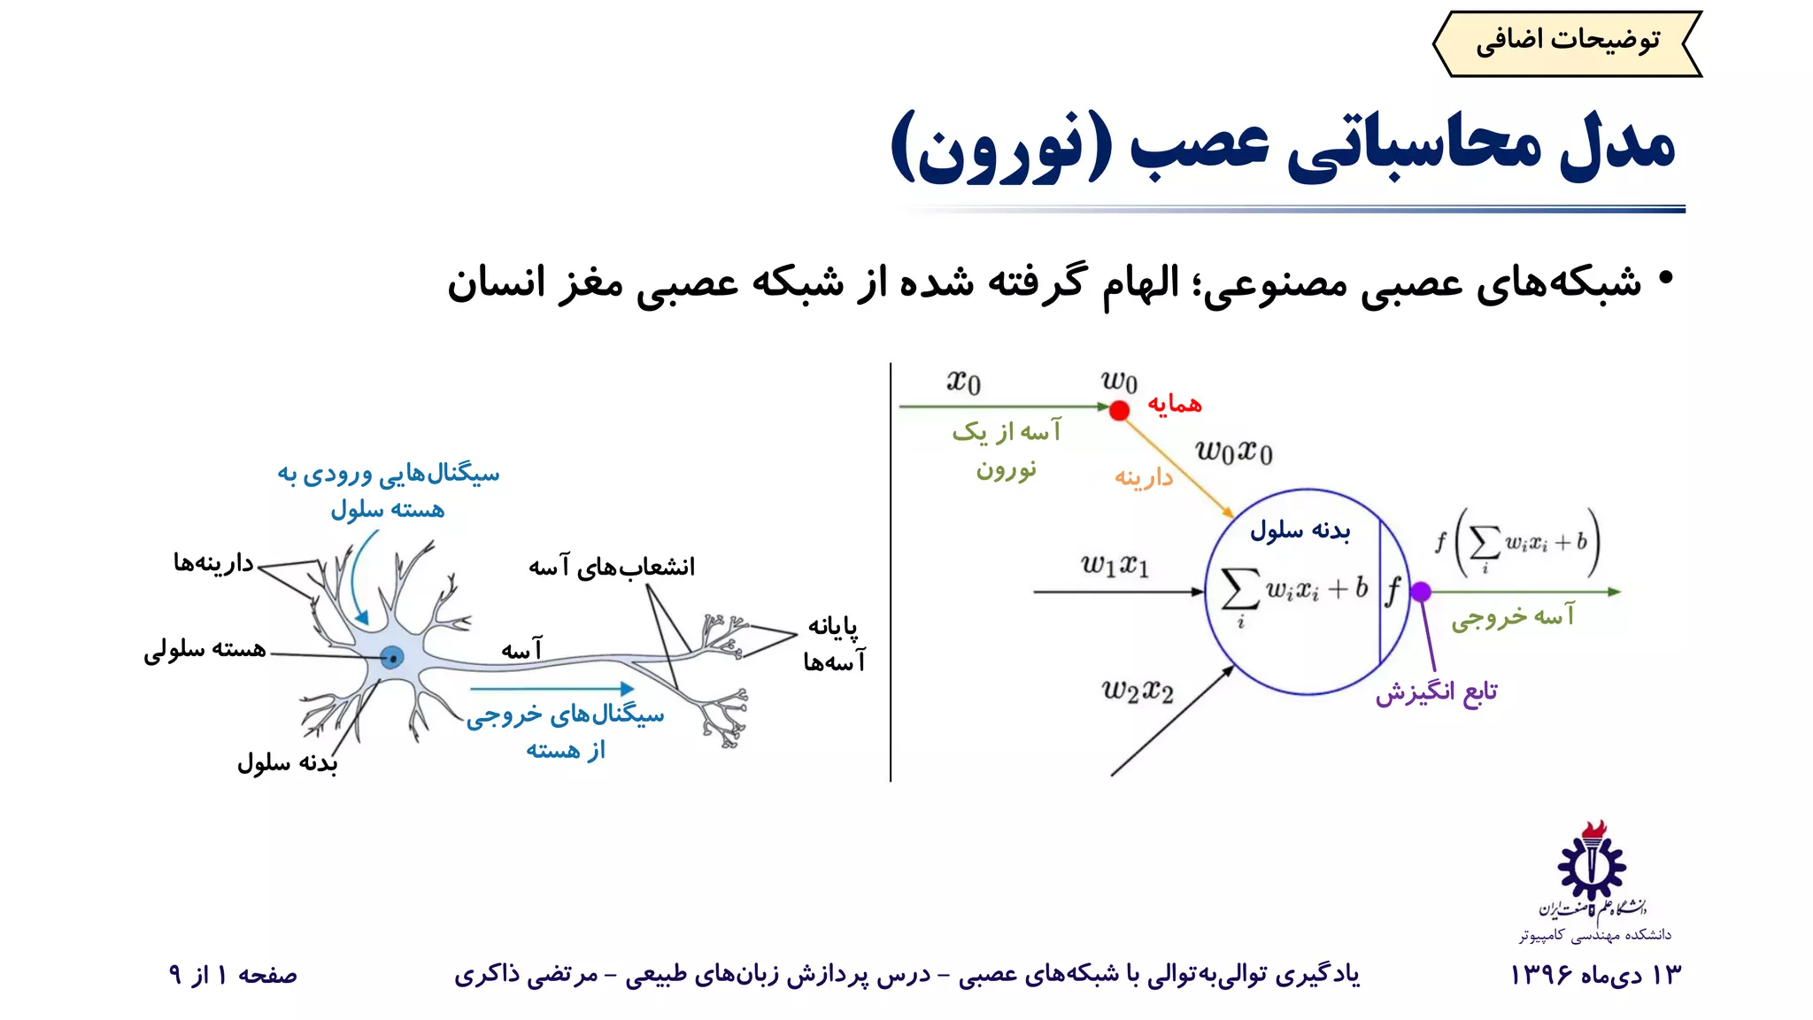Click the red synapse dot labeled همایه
pos(1119,410)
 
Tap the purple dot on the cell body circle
pos(1421,591)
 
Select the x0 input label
pos(963,382)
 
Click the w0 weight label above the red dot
pos(1119,381)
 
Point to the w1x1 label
pos(1115,564)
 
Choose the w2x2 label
pos(1138,690)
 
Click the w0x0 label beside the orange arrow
pos(1234,452)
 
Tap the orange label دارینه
pos(1143,478)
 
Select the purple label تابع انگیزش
pos(1436,692)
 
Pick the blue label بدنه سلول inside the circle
pos(1300,530)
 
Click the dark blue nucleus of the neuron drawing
pos(392,657)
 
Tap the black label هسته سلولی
pos(204,650)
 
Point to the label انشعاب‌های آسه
pos(612,567)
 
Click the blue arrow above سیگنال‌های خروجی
pos(552,688)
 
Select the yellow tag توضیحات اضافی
pos(1567,42)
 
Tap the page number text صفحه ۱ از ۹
pos(233,975)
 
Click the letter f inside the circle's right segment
pos(1393,591)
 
